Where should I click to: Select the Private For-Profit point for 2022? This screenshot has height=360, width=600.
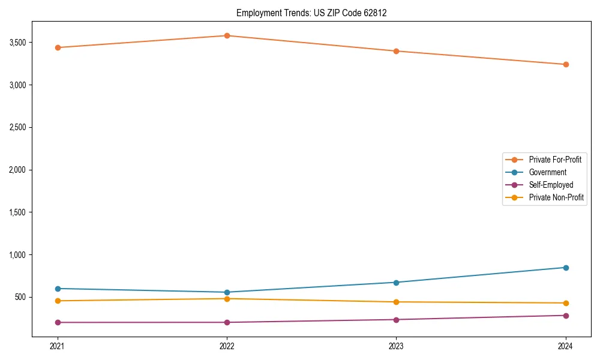click(227, 36)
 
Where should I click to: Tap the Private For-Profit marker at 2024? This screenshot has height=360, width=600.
click(566, 64)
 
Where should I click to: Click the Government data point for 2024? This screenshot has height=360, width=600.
click(566, 268)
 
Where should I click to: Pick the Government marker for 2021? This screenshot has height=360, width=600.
click(58, 289)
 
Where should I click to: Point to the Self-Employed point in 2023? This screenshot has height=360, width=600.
click(396, 320)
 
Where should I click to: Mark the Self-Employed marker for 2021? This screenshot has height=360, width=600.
click(58, 322)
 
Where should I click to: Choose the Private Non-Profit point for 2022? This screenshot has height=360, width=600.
click(227, 299)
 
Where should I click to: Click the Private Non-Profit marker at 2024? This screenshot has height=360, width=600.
click(566, 303)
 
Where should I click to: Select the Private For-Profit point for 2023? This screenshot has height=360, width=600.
click(396, 51)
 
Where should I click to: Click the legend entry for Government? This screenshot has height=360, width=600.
click(547, 172)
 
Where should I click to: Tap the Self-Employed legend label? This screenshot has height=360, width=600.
click(551, 185)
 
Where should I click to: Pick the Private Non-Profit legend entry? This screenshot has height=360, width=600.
click(556, 197)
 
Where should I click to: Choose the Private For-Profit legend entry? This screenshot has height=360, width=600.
click(555, 160)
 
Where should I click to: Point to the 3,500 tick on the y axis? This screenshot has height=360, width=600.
click(18, 43)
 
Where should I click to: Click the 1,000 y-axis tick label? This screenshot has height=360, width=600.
click(18, 255)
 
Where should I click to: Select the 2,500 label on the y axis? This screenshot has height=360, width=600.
click(18, 128)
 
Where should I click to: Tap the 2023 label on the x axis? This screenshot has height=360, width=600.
click(396, 346)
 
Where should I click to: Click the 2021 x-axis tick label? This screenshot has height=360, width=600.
click(58, 346)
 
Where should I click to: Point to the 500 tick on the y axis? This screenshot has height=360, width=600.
click(21, 298)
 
